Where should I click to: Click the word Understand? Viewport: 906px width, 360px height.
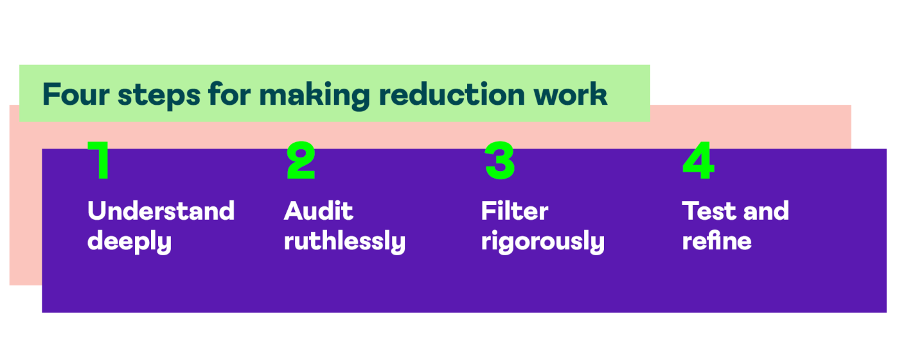point(161,211)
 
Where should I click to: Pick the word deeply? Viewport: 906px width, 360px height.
point(129,242)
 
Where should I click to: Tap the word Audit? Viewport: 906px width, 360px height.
point(319,211)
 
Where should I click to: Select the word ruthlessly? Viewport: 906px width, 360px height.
point(344,242)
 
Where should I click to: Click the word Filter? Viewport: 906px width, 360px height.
point(515,211)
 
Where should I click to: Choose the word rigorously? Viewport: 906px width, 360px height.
point(542,242)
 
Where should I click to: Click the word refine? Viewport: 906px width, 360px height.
point(716,242)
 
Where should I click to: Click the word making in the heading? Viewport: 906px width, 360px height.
point(314,96)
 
